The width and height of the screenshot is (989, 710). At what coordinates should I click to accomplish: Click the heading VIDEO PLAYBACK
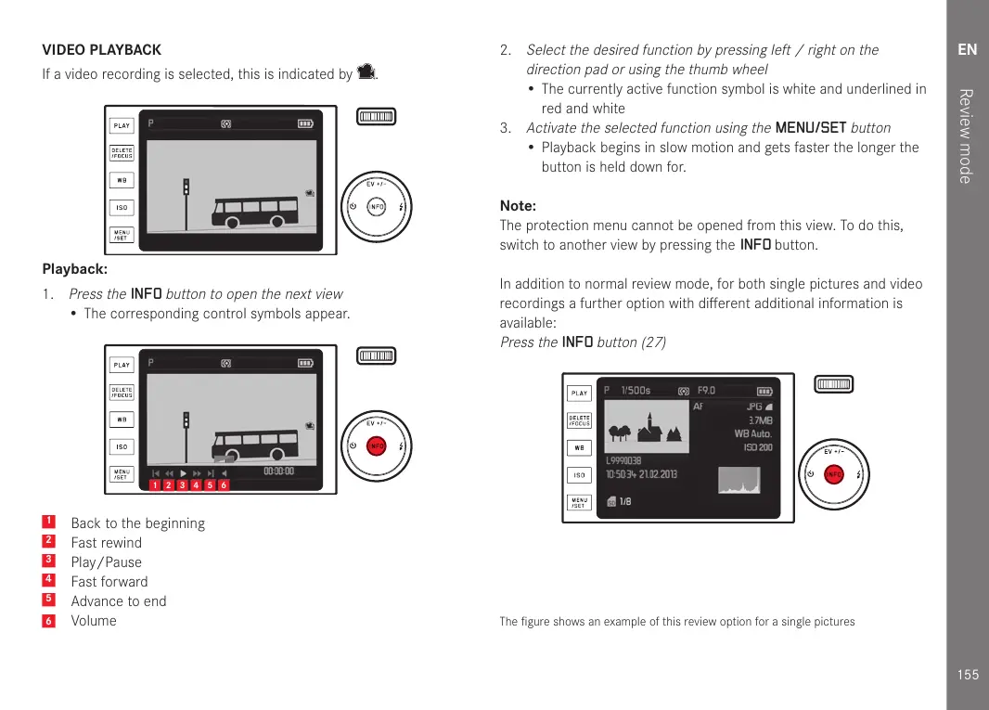[102, 50]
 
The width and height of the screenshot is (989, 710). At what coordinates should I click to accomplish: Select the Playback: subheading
[75, 270]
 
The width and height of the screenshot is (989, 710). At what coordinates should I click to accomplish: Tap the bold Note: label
[518, 206]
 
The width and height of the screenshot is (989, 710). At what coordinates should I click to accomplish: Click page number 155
[968, 675]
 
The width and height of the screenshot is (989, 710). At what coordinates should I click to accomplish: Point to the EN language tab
[968, 49]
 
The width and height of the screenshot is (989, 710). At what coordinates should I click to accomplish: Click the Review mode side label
[966, 136]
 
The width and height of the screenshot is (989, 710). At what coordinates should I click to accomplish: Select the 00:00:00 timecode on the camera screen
[278, 471]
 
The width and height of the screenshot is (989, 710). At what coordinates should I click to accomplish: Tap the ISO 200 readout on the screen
[757, 447]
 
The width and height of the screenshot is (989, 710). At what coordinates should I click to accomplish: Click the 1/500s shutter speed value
[636, 391]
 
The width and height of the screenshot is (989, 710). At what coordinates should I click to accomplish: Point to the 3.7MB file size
[760, 420]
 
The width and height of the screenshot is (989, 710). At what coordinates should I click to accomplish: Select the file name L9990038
[623, 460]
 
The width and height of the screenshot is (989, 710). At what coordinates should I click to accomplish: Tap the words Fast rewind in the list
[107, 543]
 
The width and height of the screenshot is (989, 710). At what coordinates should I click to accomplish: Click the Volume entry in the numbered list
[94, 621]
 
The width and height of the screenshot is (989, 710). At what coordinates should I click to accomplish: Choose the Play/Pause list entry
[107, 562]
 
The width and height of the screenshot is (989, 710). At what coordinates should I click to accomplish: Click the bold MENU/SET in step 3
[811, 128]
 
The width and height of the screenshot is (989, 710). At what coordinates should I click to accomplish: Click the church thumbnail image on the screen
[644, 428]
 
